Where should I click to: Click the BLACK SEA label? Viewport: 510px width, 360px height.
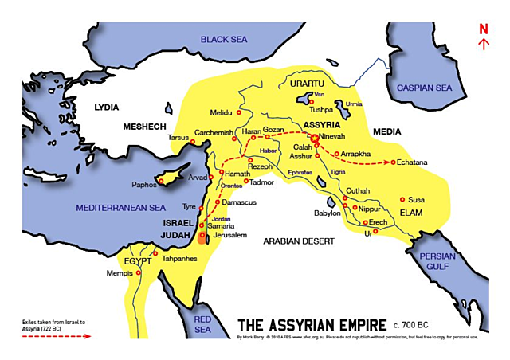coord(225,39)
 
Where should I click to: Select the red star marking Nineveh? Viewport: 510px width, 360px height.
coord(315,138)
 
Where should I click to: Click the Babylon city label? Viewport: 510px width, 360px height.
coord(327,213)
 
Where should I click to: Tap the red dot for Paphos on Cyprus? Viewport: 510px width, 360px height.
coord(162,182)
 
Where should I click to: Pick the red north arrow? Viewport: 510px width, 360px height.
coord(484,45)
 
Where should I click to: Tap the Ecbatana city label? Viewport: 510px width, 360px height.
coord(412,162)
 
